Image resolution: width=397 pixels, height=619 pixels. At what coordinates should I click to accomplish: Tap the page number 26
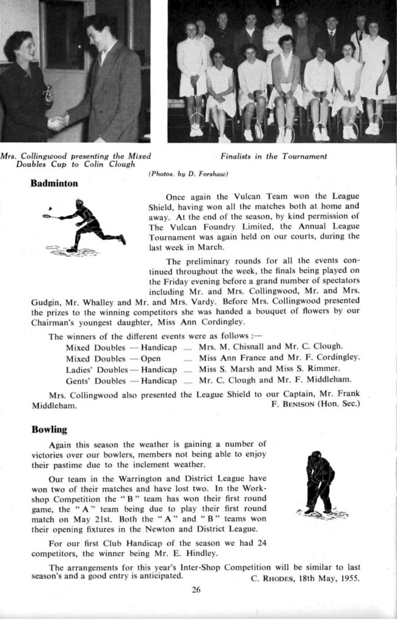coord(195,589)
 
